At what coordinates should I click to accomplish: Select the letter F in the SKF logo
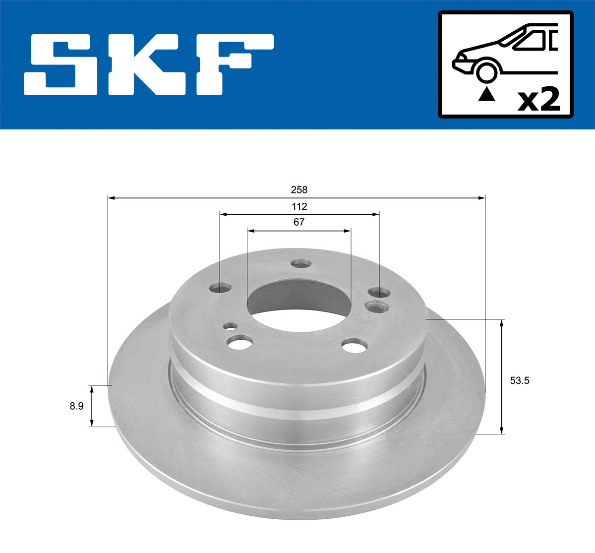coord(233,65)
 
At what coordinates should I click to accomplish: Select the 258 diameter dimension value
coord(299,190)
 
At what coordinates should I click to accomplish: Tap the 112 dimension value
coord(299,206)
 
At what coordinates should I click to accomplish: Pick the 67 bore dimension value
coord(298,222)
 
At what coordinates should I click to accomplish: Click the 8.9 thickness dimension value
coord(76,406)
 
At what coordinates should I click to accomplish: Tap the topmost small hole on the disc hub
coord(300,264)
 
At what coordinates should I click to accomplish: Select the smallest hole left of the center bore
coord(230,326)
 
